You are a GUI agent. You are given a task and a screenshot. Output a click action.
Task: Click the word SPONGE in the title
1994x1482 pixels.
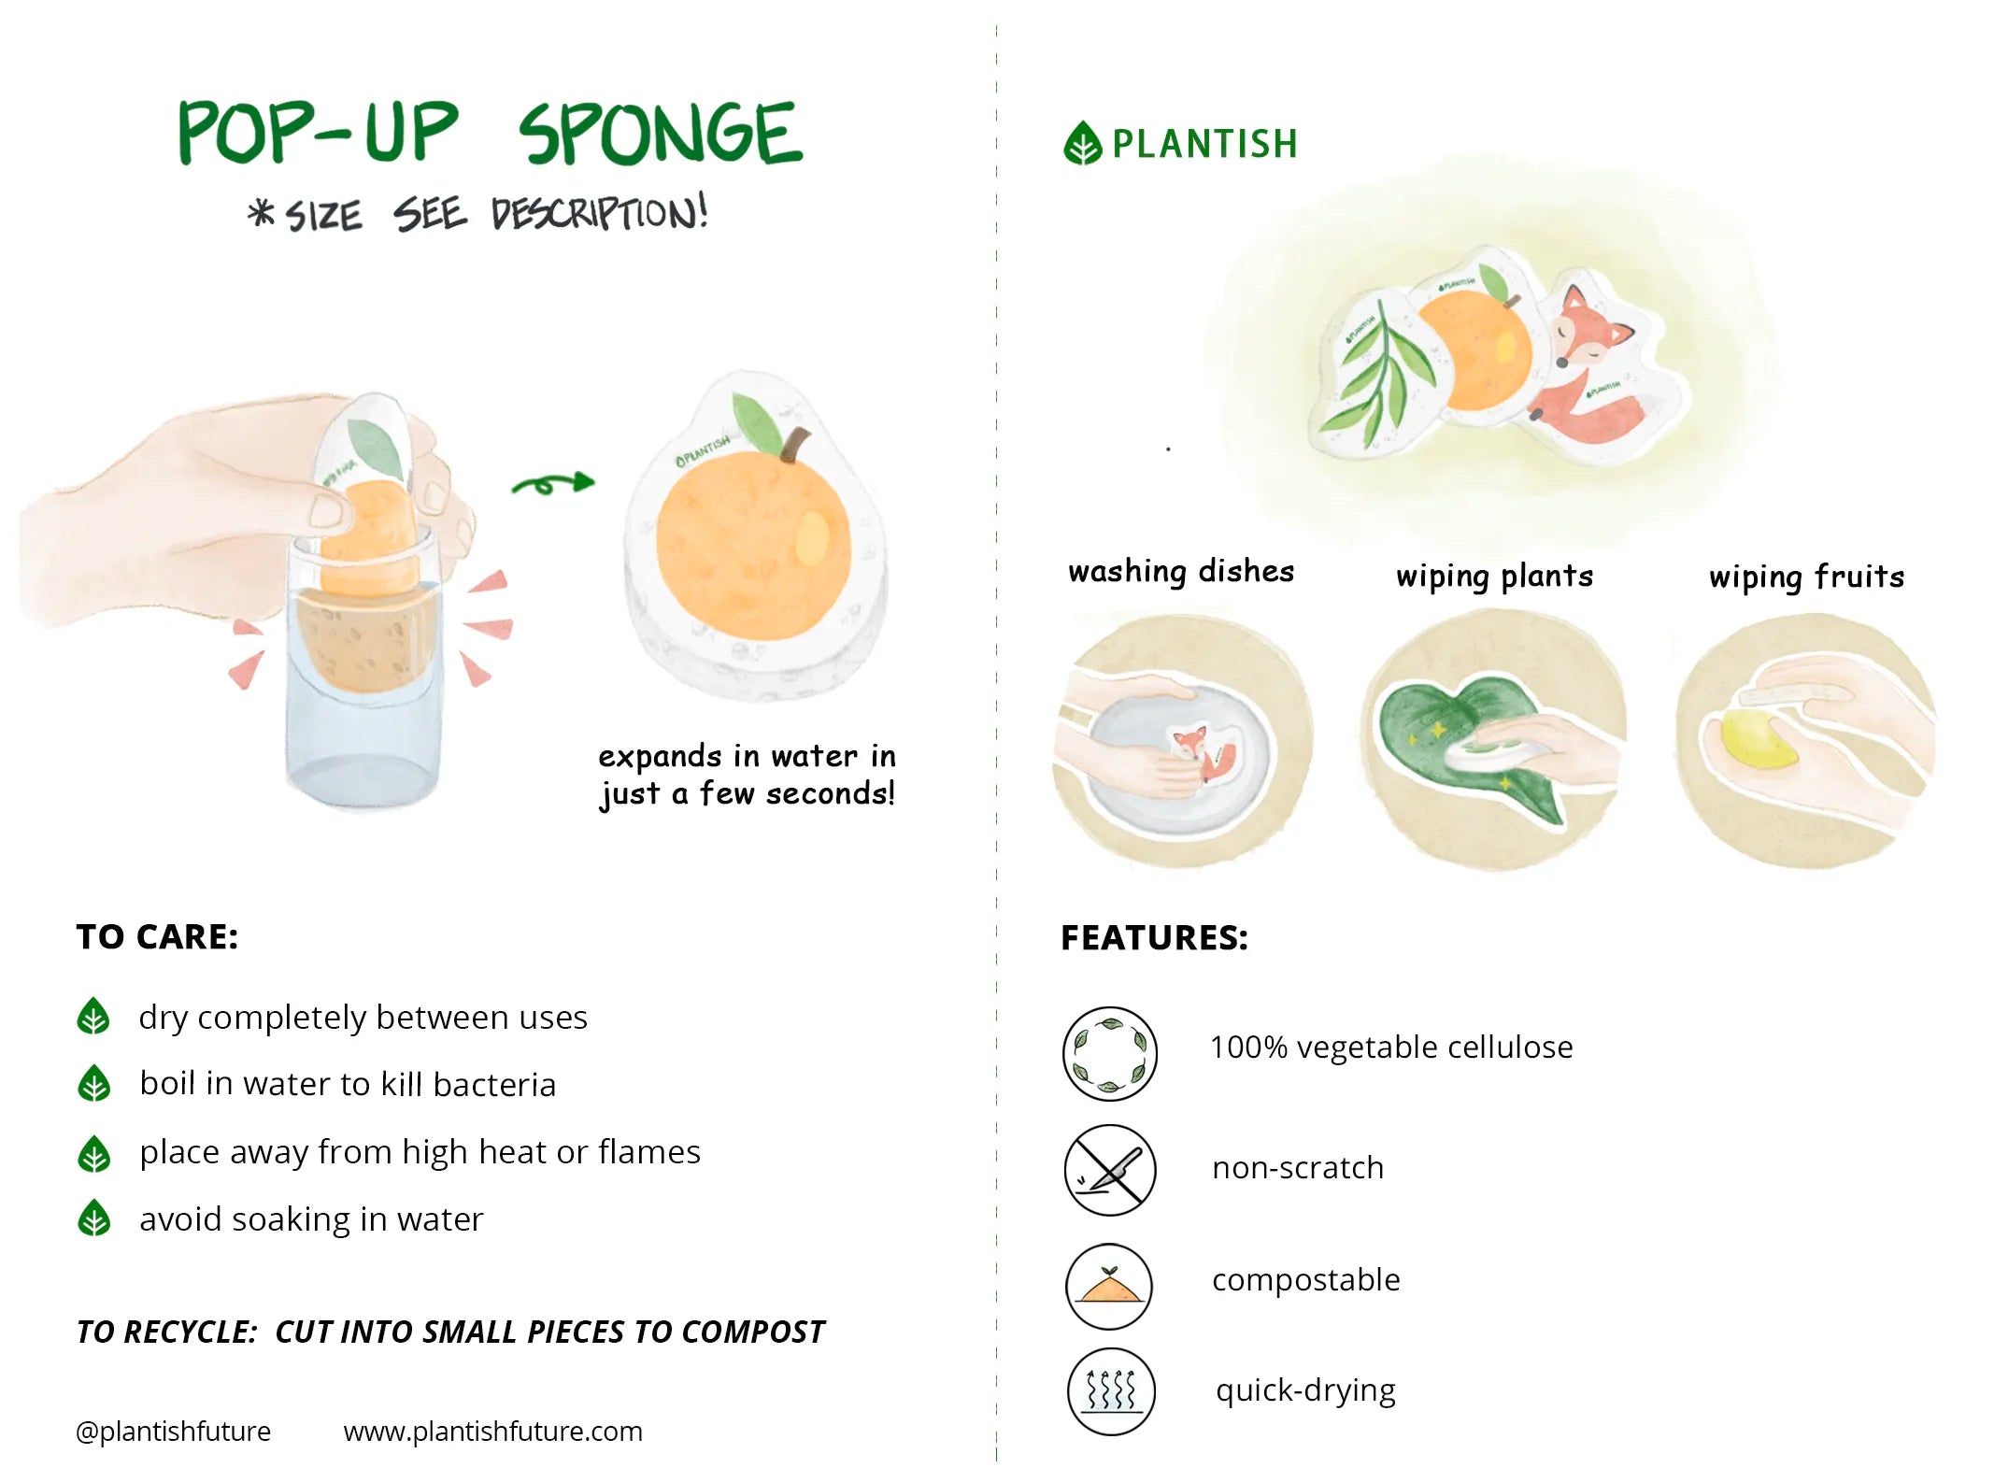pos(660,135)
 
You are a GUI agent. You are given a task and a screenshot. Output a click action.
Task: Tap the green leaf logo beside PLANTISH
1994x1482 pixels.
pos(1082,144)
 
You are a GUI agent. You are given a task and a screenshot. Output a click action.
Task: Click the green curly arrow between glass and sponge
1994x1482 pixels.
pos(553,483)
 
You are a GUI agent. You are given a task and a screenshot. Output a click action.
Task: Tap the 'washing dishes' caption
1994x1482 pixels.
pos(1180,571)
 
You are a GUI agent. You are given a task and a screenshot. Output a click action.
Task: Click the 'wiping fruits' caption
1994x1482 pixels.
pos(1805,577)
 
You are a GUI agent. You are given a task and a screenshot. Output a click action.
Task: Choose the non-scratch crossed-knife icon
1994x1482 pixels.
pos(1109,1169)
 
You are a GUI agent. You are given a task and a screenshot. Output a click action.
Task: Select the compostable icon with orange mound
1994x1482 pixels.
pos(1108,1286)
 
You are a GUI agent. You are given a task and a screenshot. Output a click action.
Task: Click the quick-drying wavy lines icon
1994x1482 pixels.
pos(1110,1390)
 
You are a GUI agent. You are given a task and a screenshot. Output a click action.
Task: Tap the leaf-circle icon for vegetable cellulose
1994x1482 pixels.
pos(1109,1053)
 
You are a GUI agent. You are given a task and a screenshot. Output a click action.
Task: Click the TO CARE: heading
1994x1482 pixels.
pos(157,936)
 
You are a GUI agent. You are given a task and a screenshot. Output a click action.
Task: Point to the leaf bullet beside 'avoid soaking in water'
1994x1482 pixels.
pos(93,1218)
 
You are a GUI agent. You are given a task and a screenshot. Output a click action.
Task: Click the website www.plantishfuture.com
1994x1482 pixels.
pos(492,1431)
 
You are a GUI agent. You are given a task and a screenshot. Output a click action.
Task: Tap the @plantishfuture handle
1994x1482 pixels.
pos(173,1431)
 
